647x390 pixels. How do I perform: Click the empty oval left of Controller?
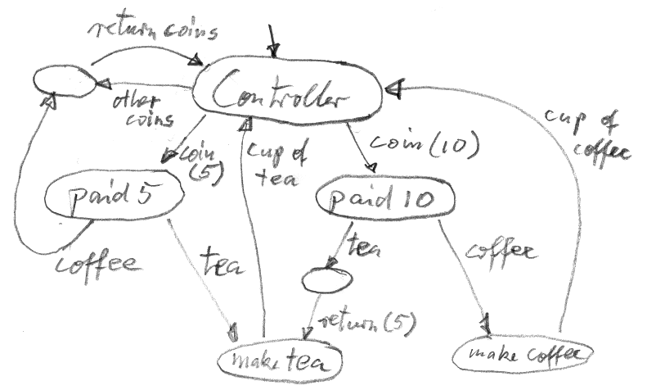64,81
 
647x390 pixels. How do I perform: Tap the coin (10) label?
420,145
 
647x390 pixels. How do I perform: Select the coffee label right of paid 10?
501,250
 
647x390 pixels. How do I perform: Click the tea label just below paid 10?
362,245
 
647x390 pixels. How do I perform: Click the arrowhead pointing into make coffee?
487,330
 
